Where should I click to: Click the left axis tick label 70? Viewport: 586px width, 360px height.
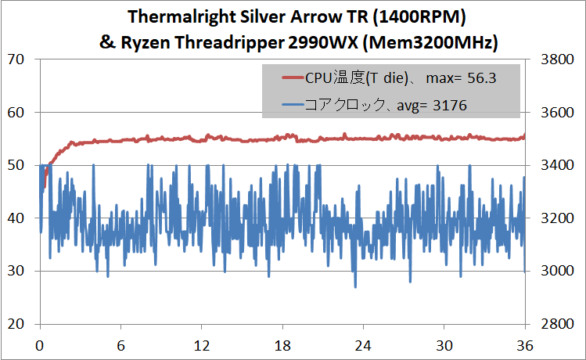click(x=16, y=59)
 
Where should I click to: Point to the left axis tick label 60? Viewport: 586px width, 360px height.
click(x=16, y=113)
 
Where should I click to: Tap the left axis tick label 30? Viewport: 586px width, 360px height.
click(x=16, y=271)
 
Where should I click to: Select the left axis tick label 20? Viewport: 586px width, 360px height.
click(x=16, y=324)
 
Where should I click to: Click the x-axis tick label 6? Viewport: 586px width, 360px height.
click(x=120, y=345)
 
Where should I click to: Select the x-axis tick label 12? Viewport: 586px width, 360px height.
click(x=202, y=345)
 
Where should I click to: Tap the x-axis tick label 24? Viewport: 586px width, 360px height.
click(x=363, y=345)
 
